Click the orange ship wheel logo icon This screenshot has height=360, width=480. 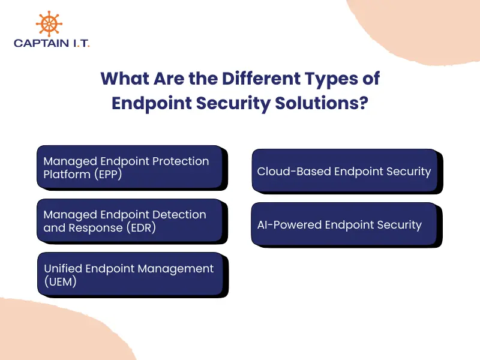pos(49,24)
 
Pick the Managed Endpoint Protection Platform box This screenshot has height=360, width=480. pos(131,167)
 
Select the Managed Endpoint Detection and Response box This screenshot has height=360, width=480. pos(131,221)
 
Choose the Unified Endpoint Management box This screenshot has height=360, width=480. pos(131,275)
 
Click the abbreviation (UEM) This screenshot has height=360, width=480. pos(60,282)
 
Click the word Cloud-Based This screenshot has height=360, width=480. pos(294,172)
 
